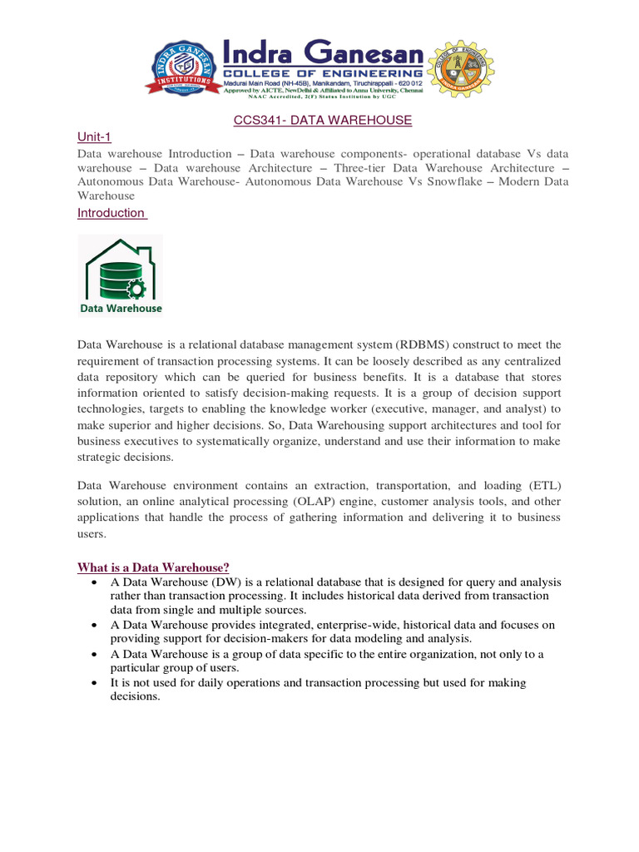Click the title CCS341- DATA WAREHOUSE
point(321,120)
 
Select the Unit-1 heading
point(94,137)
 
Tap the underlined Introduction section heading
point(111,213)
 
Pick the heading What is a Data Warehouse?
point(153,567)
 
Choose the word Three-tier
point(367,168)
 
